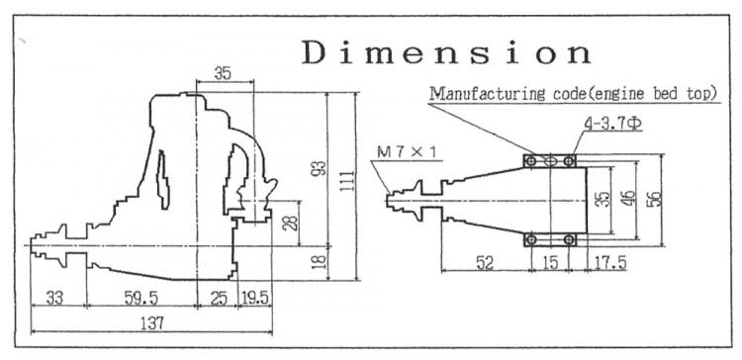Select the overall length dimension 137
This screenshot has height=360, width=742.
pos(150,323)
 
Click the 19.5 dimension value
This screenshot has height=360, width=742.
pos(257,296)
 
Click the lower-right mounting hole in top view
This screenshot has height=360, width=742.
pos(569,239)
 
